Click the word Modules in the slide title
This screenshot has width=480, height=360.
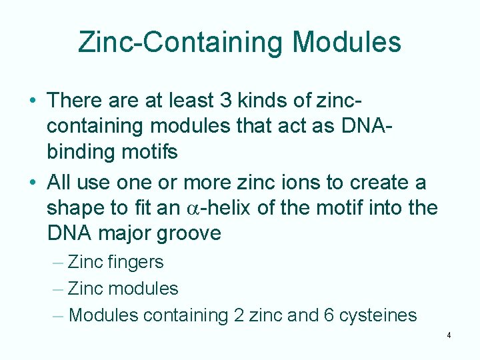pyautogui.click(x=347, y=42)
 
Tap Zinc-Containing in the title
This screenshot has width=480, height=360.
pyautogui.click(x=181, y=42)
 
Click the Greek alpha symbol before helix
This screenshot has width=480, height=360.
pyautogui.click(x=190, y=209)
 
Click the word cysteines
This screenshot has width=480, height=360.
pyautogui.click(x=379, y=315)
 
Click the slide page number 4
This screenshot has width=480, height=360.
pyautogui.click(x=449, y=335)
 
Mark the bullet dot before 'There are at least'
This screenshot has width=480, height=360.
pyautogui.click(x=33, y=101)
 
